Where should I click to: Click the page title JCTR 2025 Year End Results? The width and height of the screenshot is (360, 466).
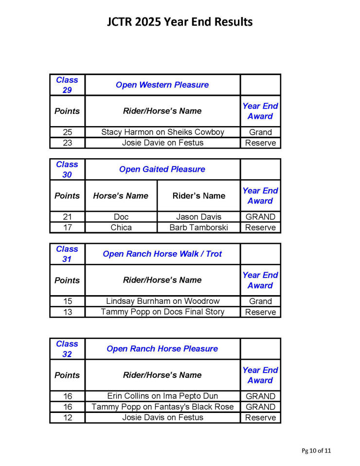point(180,22)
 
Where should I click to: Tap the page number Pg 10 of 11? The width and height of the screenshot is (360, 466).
point(316,450)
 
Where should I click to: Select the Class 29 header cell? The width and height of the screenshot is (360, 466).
point(67,85)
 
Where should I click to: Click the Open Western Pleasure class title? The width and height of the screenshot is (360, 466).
point(162,85)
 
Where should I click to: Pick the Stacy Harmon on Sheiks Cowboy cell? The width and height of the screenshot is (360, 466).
point(162,132)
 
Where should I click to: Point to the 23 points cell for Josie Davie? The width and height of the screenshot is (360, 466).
point(67,143)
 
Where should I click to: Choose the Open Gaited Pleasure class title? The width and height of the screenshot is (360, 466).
point(162,169)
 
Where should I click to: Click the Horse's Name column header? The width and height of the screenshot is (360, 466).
point(121,196)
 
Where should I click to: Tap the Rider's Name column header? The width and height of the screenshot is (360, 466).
point(198,196)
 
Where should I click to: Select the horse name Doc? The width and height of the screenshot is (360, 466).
point(121,217)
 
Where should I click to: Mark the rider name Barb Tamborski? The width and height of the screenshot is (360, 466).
point(198,227)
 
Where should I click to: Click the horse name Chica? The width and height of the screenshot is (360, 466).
point(121,227)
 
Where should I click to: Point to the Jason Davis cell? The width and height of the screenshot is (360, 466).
point(198,217)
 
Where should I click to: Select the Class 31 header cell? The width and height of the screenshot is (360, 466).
point(67,254)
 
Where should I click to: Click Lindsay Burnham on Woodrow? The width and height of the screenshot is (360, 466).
point(162,301)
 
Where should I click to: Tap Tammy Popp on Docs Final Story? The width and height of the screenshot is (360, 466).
point(162,312)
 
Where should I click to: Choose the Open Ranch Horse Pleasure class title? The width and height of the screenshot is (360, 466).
point(162,349)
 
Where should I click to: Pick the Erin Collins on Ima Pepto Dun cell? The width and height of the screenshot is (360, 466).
point(162,396)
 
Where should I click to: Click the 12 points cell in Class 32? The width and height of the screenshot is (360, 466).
point(67,417)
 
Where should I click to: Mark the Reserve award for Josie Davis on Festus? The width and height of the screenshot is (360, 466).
point(260,417)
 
